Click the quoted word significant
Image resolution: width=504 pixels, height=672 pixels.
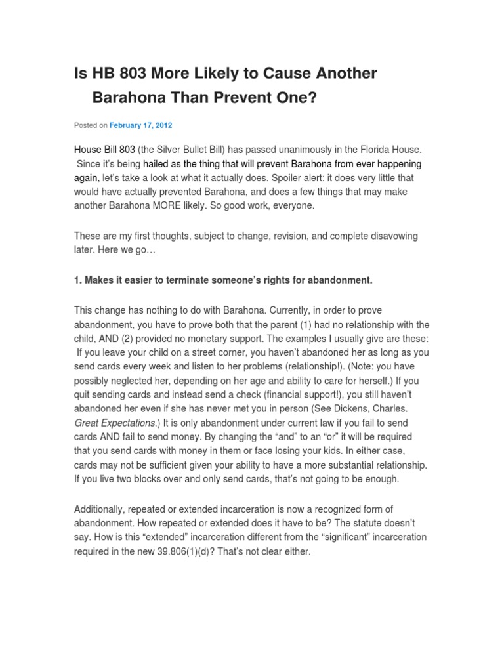[x=329, y=537]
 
